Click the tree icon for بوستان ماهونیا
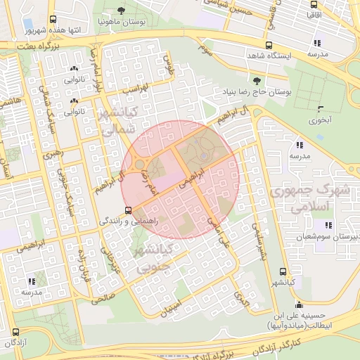[122, 11]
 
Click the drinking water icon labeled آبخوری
[321, 109]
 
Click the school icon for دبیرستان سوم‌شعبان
[328, 225]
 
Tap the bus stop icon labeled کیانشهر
[283, 271]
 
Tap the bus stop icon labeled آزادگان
[16, 333]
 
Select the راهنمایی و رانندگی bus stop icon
[127, 210]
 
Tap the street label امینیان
[171, 305]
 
